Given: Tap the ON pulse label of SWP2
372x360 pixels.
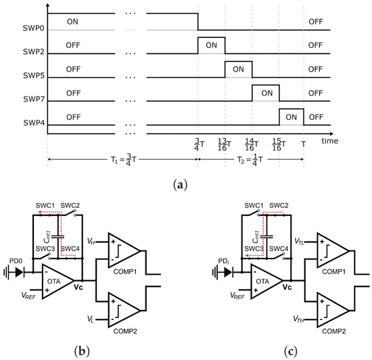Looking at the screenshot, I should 211,45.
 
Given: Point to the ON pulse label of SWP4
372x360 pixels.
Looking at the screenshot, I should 292,116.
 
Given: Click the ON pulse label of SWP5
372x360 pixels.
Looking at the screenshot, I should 238,69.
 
